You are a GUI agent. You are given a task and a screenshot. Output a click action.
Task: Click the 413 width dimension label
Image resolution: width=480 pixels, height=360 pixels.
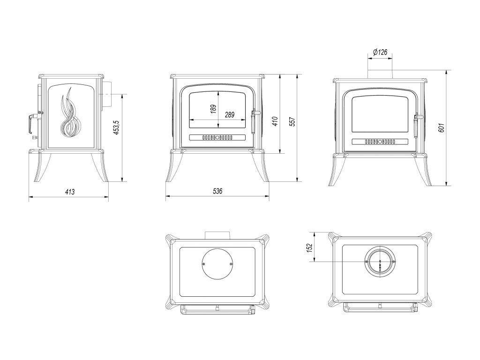coord(70,191)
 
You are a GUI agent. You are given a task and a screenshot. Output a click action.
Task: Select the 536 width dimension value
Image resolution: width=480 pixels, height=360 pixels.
coord(217,191)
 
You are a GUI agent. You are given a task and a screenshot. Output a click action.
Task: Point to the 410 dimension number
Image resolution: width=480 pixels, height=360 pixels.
coord(275,121)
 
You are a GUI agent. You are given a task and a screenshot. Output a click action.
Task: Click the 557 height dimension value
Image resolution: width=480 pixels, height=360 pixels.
coord(292,121)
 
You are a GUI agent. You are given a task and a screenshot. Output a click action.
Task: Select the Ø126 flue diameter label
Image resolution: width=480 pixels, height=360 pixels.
coord(380,52)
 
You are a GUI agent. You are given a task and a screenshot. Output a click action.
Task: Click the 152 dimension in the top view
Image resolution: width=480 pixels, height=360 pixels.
coord(309,247)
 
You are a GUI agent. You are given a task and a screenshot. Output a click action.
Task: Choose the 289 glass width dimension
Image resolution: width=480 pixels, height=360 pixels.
coord(229,114)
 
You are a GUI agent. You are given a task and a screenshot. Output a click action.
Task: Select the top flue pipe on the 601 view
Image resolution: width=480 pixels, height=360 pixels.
coord(380,73)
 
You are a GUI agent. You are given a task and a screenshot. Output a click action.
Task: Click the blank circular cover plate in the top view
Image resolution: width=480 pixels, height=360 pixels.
coord(217,264)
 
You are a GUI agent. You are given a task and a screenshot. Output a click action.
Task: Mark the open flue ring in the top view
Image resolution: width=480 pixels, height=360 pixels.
coord(380,261)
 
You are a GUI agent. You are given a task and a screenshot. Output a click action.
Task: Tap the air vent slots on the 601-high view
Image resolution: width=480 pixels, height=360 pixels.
coord(380,141)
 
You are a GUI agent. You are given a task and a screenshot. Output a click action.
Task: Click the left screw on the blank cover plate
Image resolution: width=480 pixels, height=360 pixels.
coord(203,264)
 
